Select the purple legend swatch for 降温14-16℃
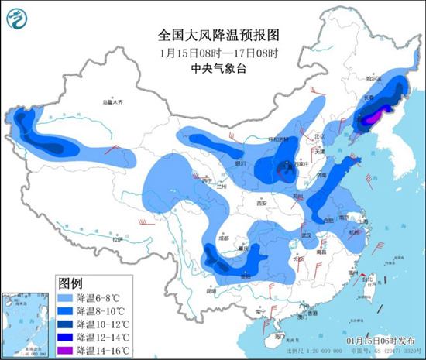(67, 349)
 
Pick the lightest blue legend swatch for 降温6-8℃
(67, 297)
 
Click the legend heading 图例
(70, 282)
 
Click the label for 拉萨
(116, 240)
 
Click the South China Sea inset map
(24, 322)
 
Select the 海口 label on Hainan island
(270, 338)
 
